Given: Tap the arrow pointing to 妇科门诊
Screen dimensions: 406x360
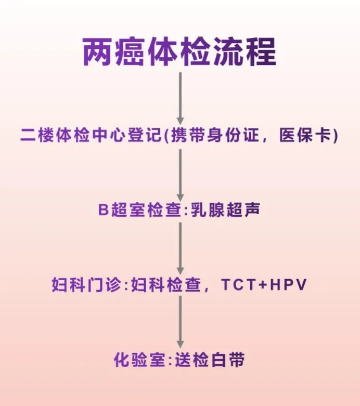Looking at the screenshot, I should [x=180, y=247].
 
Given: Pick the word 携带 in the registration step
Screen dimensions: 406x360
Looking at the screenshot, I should [x=195, y=136].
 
